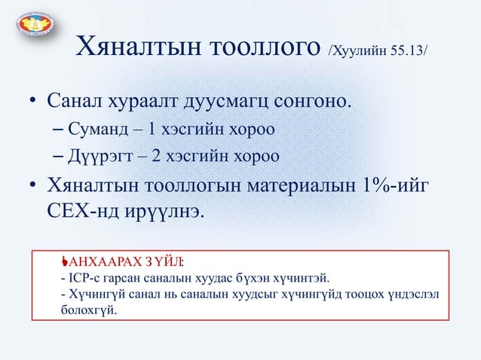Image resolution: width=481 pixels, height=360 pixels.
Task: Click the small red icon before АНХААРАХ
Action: pos(66,261)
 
